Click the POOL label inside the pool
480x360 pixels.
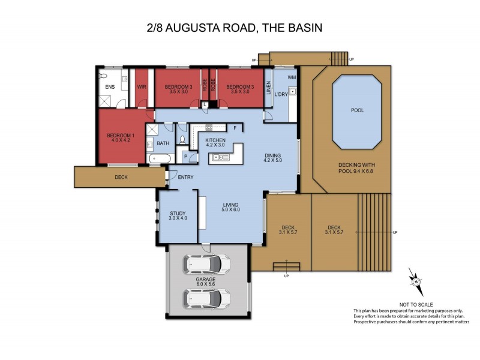point(357,110)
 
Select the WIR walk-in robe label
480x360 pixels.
point(142,87)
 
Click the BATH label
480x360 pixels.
point(163,143)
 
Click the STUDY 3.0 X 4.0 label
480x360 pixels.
point(178,215)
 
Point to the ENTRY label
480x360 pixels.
point(185,176)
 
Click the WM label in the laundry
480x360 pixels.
point(292,78)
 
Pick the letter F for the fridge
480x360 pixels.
point(235,128)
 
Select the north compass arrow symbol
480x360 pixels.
point(415,280)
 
